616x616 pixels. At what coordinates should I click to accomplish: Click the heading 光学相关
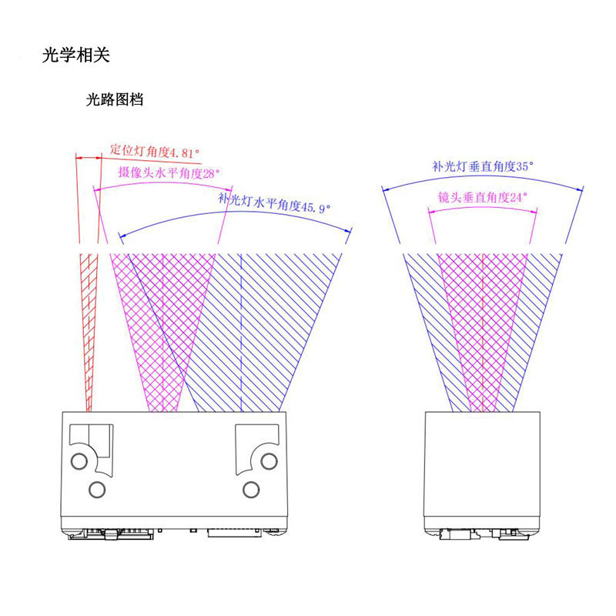click(75, 55)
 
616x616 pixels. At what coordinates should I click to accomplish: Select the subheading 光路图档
click(114, 99)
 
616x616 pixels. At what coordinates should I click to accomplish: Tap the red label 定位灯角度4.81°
click(155, 151)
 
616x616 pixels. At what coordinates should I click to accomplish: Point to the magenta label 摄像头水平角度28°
click(169, 172)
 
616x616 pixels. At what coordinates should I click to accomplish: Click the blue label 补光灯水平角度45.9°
click(274, 203)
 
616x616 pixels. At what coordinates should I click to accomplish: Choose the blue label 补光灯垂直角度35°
click(483, 166)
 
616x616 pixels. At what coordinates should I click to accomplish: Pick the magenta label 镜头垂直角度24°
click(483, 197)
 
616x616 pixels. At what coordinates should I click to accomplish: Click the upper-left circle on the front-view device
click(79, 460)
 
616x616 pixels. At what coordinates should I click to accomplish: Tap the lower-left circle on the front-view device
click(97, 490)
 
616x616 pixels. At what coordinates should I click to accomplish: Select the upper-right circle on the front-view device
click(269, 460)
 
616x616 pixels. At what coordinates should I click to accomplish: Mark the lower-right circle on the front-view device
click(251, 490)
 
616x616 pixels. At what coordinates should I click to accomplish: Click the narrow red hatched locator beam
click(89, 333)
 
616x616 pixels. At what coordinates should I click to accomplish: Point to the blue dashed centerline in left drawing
click(241, 333)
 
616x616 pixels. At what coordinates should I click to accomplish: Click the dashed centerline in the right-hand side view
click(482, 333)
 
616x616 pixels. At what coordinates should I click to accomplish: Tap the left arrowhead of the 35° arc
click(386, 190)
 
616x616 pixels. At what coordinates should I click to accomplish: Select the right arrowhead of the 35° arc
click(580, 189)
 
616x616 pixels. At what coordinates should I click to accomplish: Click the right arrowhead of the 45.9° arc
click(348, 230)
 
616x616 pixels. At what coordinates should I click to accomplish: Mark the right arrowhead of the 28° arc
click(229, 189)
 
